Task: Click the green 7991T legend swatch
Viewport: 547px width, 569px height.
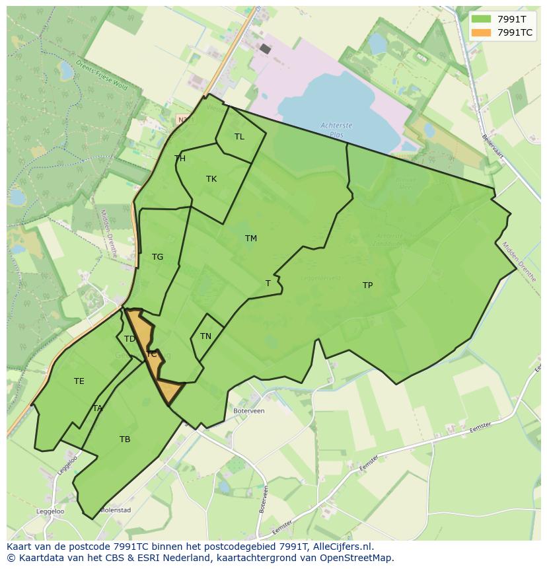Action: [482, 19]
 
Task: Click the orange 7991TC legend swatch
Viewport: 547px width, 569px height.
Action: [482, 32]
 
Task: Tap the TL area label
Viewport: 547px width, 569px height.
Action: [239, 137]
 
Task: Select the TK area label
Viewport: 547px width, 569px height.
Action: [211, 179]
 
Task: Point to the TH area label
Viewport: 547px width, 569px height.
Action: [180, 159]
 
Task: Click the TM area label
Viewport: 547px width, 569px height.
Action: [250, 239]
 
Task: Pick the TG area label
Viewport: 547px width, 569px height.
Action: [157, 257]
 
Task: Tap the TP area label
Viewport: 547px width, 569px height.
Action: [367, 285]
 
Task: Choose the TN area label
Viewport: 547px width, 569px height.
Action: [205, 336]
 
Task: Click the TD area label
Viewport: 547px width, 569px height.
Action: [129, 339]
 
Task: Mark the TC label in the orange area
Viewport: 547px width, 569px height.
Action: [152, 354]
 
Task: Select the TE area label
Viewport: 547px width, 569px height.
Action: [79, 381]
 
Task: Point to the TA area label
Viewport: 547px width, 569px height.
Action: [98, 408]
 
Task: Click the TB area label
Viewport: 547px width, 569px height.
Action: [125, 439]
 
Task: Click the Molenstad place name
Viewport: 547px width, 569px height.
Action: [115, 510]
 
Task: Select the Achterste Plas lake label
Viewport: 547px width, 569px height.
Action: [336, 129]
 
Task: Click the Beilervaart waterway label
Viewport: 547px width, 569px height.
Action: [493, 146]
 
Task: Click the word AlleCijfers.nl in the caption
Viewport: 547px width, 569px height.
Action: [342, 547]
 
